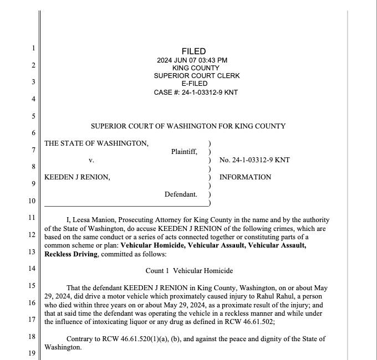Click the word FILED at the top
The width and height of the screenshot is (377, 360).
tap(193, 52)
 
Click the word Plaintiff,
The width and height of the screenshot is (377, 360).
tap(184, 152)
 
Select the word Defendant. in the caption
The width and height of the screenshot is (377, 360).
tap(181, 194)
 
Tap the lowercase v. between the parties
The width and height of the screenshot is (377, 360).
tap(91, 160)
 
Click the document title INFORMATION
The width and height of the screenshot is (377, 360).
tap(245, 177)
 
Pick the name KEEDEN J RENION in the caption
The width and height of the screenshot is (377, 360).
tap(77, 177)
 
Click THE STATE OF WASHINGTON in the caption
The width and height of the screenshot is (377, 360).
tap(96, 143)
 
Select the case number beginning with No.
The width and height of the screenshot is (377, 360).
tap(254, 160)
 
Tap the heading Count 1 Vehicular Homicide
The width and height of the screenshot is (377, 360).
tap(189, 271)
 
